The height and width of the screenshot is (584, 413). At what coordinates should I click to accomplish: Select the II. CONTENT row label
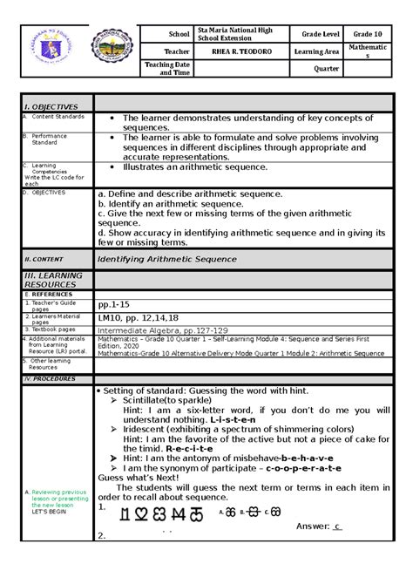40,259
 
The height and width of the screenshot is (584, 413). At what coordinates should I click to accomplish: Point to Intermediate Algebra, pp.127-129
163,330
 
